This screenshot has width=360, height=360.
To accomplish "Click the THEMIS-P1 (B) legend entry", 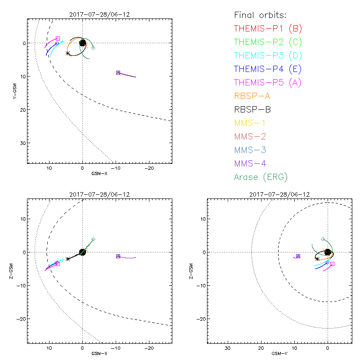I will tap(268, 28).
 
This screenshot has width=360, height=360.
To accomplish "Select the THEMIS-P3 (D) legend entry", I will tap(268, 55).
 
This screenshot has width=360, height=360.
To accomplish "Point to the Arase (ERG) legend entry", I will tap(261, 177).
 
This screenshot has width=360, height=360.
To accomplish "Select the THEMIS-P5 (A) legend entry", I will tap(268, 82).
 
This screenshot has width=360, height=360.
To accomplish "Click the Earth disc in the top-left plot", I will tap(82, 43).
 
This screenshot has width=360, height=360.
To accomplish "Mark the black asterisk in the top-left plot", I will tap(68, 53).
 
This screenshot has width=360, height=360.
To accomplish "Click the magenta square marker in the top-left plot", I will tap(58, 38).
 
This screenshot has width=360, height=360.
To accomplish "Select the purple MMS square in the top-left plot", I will tap(118, 72).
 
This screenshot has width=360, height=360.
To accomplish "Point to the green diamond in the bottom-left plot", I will tap(93, 239).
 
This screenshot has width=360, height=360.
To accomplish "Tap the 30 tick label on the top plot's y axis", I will tap(21, 143).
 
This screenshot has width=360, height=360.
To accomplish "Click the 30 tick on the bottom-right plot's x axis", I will tap(228, 348).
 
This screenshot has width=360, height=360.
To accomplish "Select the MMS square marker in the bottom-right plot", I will tap(298, 256).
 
